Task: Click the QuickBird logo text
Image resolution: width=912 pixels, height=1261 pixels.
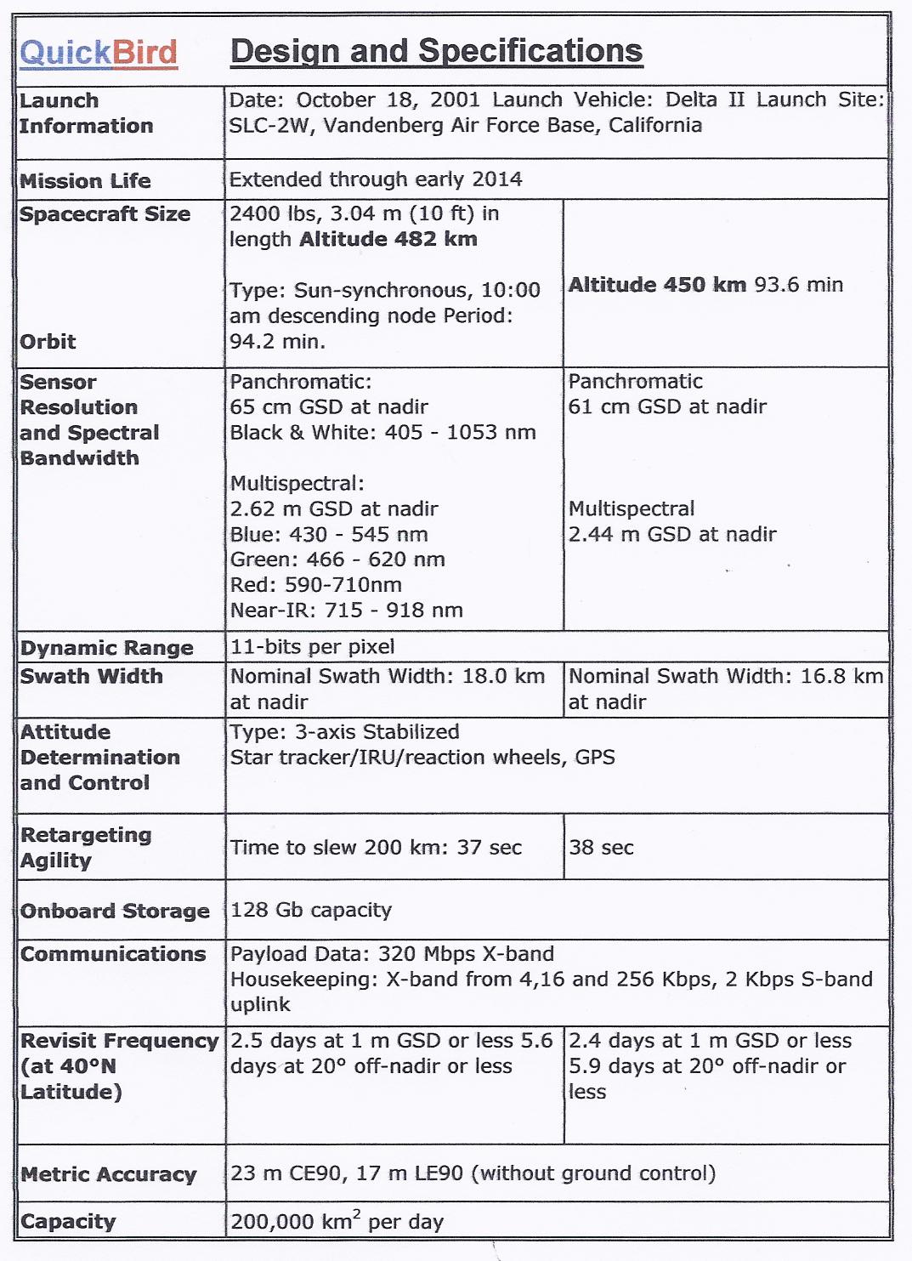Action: (99, 53)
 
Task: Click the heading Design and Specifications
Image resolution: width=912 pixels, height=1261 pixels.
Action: (436, 51)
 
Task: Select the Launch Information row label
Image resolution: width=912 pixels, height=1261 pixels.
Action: (86, 113)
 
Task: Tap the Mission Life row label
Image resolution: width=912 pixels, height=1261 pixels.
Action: (85, 181)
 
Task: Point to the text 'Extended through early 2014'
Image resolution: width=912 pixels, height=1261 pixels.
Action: (376, 179)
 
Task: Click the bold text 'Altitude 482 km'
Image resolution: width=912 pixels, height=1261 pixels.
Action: (388, 240)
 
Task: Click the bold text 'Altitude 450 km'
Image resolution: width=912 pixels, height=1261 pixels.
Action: (657, 285)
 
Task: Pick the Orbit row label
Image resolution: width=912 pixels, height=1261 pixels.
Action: (48, 342)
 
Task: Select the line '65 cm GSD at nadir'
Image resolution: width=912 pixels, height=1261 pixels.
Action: (329, 407)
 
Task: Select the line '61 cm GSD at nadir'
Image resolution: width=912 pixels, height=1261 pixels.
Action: (667, 407)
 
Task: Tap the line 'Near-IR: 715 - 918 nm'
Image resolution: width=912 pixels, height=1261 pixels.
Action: (347, 611)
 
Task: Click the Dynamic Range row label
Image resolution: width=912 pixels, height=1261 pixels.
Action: (107, 648)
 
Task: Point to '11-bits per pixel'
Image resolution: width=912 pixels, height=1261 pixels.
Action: (313, 647)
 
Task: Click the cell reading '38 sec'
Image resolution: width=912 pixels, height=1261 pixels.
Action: (602, 848)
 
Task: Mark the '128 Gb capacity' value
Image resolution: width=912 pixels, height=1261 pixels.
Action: (311, 910)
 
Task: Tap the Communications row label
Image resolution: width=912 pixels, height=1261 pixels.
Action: (113, 954)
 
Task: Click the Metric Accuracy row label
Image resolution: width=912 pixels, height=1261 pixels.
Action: (109, 1174)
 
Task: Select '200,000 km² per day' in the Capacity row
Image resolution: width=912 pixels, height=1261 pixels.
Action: (337, 1222)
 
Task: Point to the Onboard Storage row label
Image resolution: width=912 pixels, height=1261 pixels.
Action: (115, 912)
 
